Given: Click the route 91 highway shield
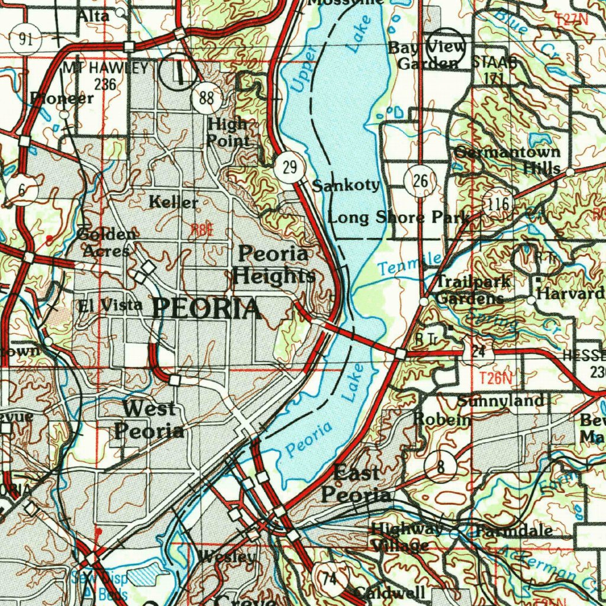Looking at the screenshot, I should pyautogui.click(x=25, y=40).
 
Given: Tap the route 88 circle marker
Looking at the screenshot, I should pyautogui.click(x=207, y=98).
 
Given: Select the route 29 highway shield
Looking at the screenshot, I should pyautogui.click(x=289, y=167).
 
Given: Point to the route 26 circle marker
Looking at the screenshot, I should pyautogui.click(x=421, y=182).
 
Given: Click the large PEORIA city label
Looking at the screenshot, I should pyautogui.click(x=207, y=308).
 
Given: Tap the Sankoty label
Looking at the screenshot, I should pyautogui.click(x=346, y=185).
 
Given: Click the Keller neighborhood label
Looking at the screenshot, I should pyautogui.click(x=173, y=202).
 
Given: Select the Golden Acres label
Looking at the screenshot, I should pyautogui.click(x=107, y=241).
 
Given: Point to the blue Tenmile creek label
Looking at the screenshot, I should pyautogui.click(x=410, y=263).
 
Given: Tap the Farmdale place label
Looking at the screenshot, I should pyautogui.click(x=514, y=530).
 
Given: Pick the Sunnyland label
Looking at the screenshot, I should pyautogui.click(x=501, y=401).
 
